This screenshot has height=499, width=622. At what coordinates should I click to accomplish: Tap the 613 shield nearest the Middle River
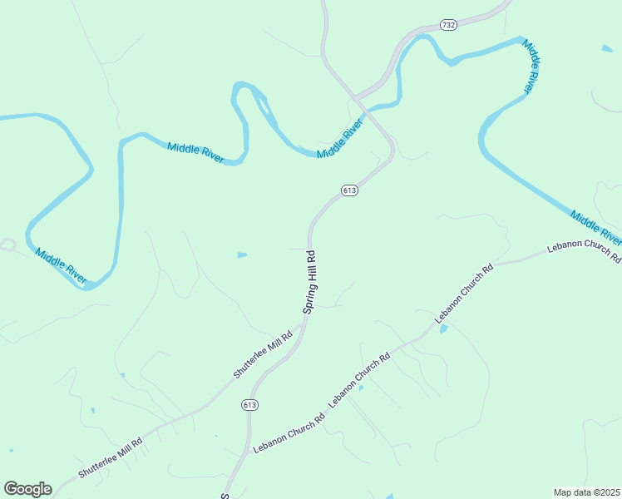[349, 190]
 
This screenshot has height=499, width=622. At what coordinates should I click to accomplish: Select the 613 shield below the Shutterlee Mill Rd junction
[250, 404]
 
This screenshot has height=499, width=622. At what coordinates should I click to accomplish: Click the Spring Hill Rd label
[310, 282]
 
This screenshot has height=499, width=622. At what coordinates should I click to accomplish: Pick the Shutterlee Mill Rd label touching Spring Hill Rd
[263, 355]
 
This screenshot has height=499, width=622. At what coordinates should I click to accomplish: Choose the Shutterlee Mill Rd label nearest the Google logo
[111, 457]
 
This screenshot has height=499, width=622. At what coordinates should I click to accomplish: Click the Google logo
[27, 489]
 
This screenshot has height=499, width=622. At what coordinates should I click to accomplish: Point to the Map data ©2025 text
[586, 492]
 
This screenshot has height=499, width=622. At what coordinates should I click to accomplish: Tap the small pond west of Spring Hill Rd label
[242, 254]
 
